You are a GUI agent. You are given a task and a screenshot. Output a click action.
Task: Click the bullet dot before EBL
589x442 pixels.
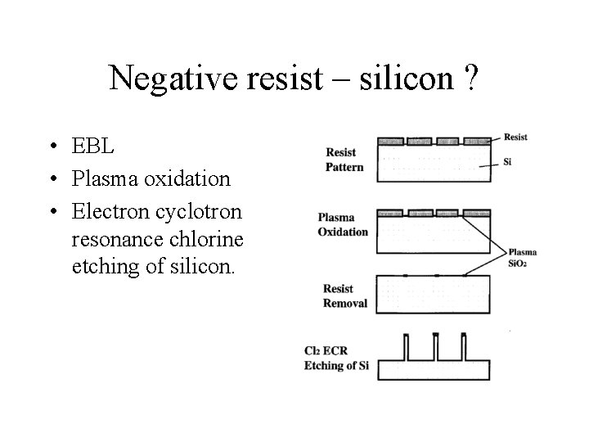pos(52,147)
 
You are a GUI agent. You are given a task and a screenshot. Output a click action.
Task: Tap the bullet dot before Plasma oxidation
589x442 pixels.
pos(52,179)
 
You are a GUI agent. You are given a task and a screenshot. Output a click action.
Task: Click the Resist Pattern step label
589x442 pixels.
pos(344,160)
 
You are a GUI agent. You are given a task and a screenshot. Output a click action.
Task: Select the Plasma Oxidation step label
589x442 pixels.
pos(344,225)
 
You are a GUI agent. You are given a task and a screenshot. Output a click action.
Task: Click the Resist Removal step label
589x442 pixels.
pos(345,296)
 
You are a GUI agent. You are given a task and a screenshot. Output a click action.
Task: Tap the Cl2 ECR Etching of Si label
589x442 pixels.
pos(336,359)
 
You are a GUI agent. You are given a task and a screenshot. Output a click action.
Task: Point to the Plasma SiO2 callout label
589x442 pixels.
pos(523,258)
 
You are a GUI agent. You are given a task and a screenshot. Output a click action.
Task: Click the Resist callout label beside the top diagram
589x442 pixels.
pos(515,137)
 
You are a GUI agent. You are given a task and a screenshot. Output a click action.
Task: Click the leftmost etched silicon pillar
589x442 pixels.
pos(407,348)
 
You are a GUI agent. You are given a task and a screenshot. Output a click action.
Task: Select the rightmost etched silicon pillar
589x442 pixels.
pos(463,348)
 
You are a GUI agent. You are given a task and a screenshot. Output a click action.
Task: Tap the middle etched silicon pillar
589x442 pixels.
pos(435,348)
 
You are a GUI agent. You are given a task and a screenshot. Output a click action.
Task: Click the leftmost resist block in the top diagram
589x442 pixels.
pos(391,141)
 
